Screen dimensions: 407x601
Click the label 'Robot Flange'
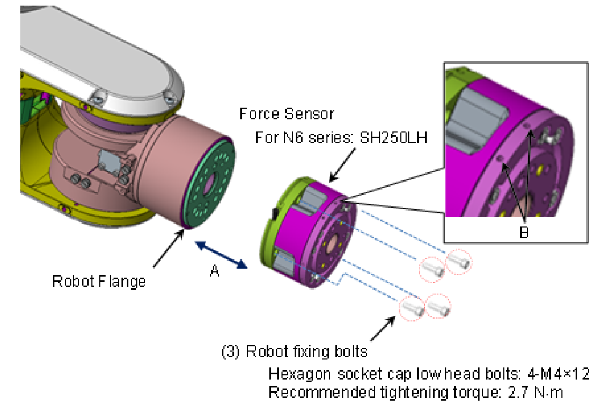99,281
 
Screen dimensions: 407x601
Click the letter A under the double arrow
214,271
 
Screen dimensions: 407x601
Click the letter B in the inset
523,233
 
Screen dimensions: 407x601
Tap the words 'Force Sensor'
287,113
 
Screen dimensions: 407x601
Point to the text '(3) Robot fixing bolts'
294,351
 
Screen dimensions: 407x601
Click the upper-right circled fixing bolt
459,261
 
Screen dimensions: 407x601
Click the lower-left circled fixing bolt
411,308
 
